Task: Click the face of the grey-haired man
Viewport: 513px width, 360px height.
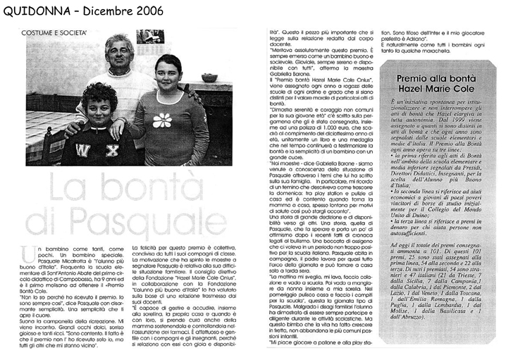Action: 119,54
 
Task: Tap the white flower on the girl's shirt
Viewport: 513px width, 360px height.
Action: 162,119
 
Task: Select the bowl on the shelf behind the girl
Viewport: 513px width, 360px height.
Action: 209,77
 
